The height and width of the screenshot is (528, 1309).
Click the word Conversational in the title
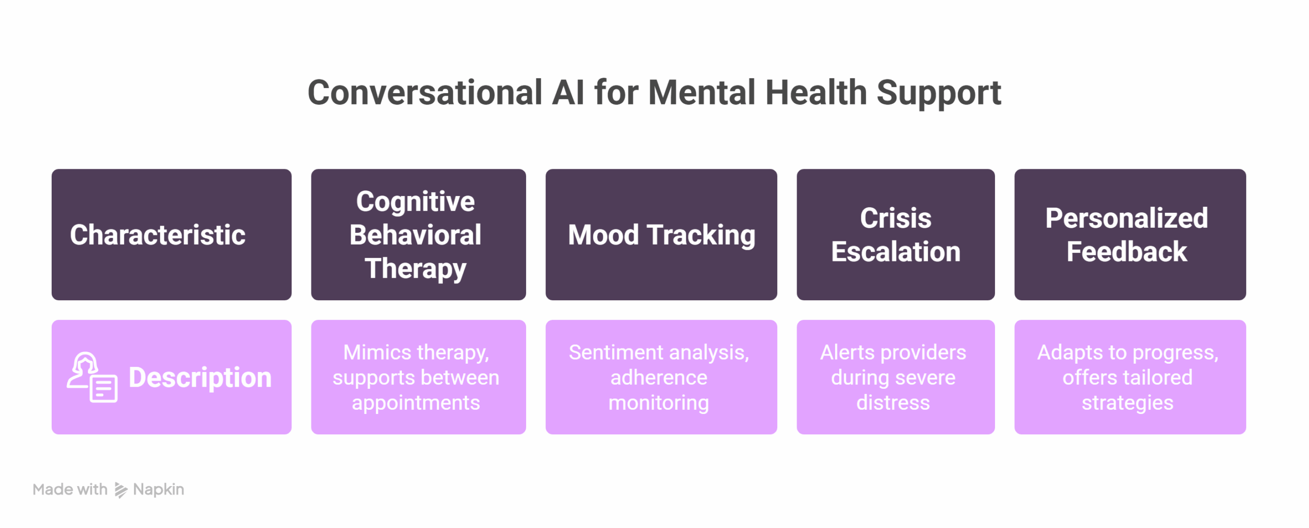click(424, 93)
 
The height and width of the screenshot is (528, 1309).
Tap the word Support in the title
click(938, 94)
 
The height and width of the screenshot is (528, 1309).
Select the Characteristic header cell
click(171, 234)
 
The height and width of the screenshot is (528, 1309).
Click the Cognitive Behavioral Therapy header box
click(418, 234)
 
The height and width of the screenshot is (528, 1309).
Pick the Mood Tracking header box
click(661, 234)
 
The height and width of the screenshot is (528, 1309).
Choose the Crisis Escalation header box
click(895, 234)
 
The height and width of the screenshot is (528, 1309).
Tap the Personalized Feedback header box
click(1130, 234)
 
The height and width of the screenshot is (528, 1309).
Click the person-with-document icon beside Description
click(92, 378)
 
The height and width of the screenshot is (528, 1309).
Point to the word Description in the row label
click(200, 378)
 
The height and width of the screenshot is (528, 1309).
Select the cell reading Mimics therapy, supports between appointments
click(418, 377)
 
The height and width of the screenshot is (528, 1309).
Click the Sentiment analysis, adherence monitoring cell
click(661, 377)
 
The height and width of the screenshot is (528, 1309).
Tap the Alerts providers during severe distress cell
click(895, 377)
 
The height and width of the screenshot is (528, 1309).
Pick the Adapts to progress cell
click(1130, 377)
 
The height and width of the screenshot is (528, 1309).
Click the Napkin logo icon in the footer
click(121, 490)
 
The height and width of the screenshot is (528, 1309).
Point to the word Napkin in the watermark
click(159, 490)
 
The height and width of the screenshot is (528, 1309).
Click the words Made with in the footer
click(70, 490)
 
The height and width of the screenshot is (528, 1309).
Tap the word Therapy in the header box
click(415, 269)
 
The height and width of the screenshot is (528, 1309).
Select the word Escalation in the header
click(895, 252)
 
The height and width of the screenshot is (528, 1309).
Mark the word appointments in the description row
click(416, 403)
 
